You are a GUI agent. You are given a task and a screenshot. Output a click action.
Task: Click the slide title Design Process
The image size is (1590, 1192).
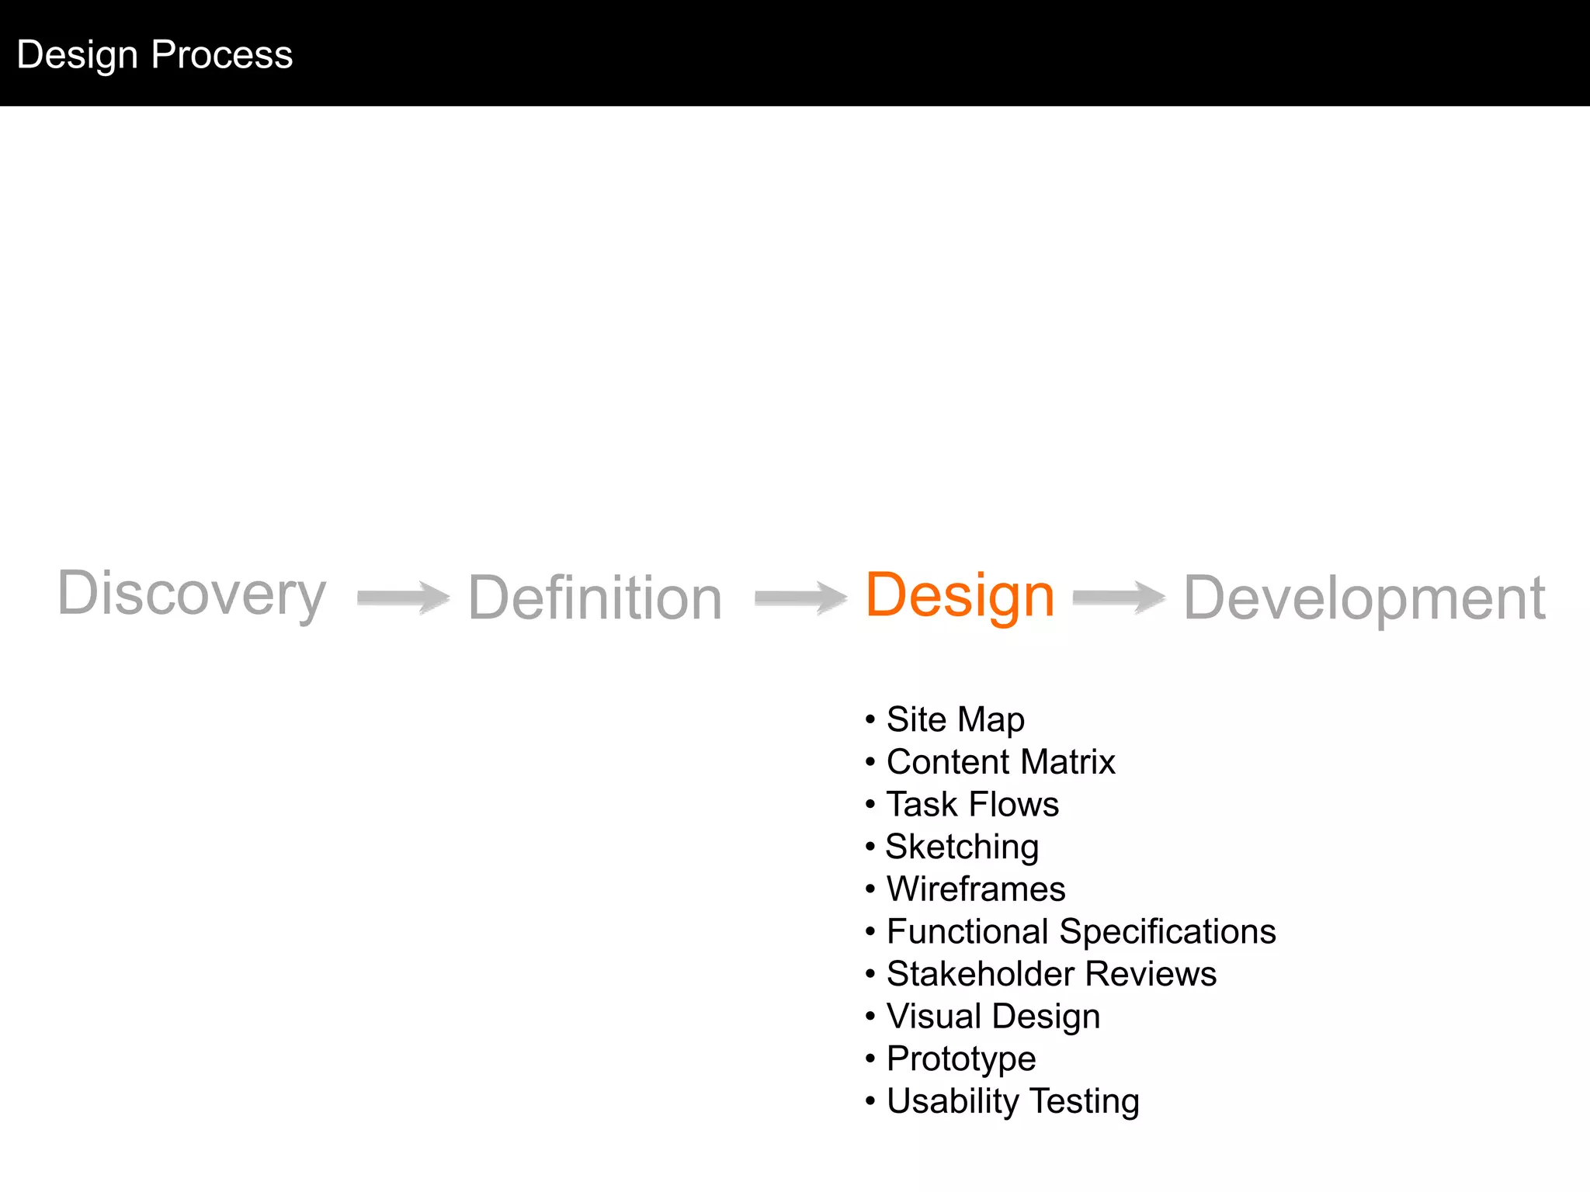[x=154, y=55]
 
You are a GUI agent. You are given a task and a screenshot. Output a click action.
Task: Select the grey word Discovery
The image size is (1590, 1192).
[x=192, y=594]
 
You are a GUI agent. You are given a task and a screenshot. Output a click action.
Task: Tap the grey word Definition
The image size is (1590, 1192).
[x=595, y=598]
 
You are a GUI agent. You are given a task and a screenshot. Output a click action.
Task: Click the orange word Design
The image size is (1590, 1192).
[x=960, y=595]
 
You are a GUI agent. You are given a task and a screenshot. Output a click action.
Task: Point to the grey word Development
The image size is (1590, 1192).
[x=1364, y=598]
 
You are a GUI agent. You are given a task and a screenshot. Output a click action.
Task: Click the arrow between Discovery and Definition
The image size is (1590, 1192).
[x=403, y=598]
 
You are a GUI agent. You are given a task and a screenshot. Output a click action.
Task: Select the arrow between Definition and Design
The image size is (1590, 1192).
[x=800, y=598]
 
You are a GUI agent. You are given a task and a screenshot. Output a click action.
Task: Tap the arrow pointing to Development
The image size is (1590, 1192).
[x=1119, y=598]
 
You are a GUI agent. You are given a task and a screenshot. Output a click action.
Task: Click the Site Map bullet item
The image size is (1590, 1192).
[x=955, y=719]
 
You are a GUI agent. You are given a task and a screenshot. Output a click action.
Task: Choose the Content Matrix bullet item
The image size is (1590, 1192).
[x=1001, y=762]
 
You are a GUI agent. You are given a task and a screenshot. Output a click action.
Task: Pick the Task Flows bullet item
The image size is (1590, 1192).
[x=973, y=804]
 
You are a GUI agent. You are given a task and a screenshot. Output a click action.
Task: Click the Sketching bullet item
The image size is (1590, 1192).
[x=962, y=847]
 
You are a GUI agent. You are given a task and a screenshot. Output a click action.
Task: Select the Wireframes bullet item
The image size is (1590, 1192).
[x=976, y=889]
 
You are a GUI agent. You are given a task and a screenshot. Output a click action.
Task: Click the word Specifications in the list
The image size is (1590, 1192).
[x=1167, y=931]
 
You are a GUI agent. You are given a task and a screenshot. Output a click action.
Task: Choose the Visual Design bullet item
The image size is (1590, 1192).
[x=993, y=1017]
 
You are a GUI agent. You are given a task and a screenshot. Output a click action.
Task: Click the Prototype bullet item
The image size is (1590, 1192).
[x=961, y=1059]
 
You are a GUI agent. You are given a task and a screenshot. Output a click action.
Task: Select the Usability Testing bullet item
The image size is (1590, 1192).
[x=1012, y=1101]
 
